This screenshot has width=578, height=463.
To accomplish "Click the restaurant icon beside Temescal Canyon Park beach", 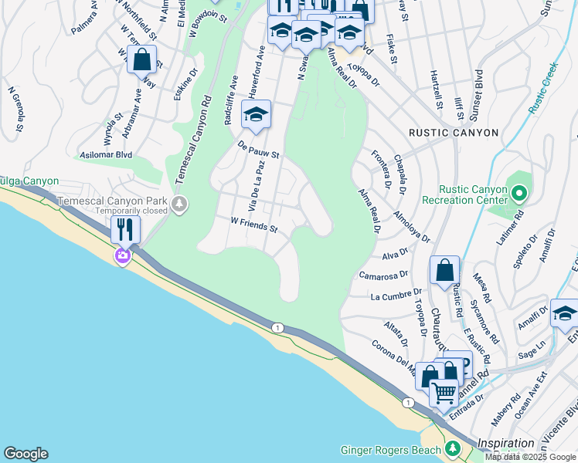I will (124, 229).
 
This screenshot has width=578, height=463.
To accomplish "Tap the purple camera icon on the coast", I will (123, 255).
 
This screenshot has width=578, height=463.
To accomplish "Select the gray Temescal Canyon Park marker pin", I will (179, 204).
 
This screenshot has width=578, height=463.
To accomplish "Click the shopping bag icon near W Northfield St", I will (143, 59).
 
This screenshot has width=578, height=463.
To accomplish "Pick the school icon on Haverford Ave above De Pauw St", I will (256, 114).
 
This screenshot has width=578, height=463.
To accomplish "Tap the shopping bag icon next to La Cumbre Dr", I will (444, 270).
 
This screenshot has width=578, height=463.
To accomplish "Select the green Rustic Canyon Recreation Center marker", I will (518, 192).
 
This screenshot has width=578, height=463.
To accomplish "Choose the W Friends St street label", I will (254, 225).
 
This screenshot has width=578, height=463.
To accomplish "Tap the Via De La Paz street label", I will (259, 188).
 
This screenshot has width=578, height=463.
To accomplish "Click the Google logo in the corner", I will (25, 454).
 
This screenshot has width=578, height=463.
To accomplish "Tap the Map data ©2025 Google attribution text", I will (531, 457).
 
